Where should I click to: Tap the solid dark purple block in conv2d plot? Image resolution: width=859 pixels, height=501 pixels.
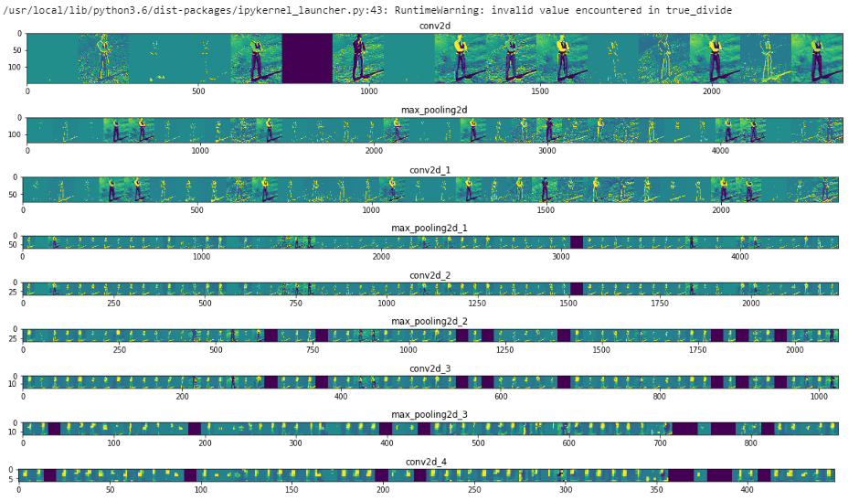[307, 59]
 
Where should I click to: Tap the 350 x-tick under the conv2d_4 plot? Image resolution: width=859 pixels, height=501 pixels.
[656, 490]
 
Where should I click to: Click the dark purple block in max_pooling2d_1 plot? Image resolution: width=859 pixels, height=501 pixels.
[577, 241]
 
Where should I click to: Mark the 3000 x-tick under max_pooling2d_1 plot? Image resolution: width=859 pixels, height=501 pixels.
[561, 257]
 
